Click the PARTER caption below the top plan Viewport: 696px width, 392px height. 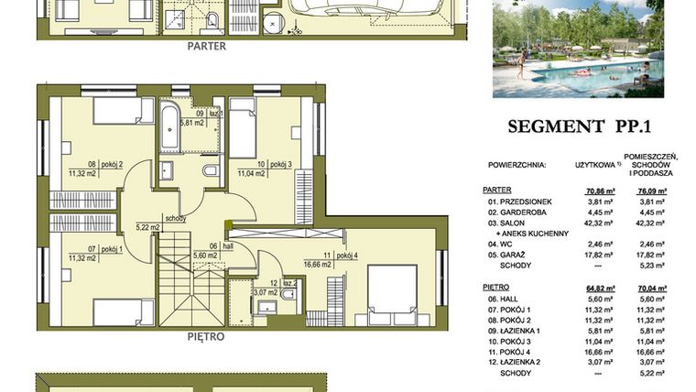(x=206, y=45)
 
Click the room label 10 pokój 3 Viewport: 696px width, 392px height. (x=271, y=165)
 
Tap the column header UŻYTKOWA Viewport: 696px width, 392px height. (x=593, y=166)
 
